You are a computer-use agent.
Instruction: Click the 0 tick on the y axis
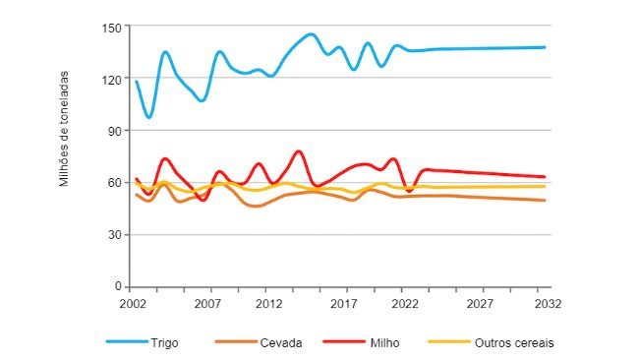tap(115, 287)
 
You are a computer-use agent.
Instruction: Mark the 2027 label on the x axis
tap(477, 304)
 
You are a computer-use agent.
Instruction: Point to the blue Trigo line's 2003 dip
tap(149, 117)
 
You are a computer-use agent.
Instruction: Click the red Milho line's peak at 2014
tap(299, 151)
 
